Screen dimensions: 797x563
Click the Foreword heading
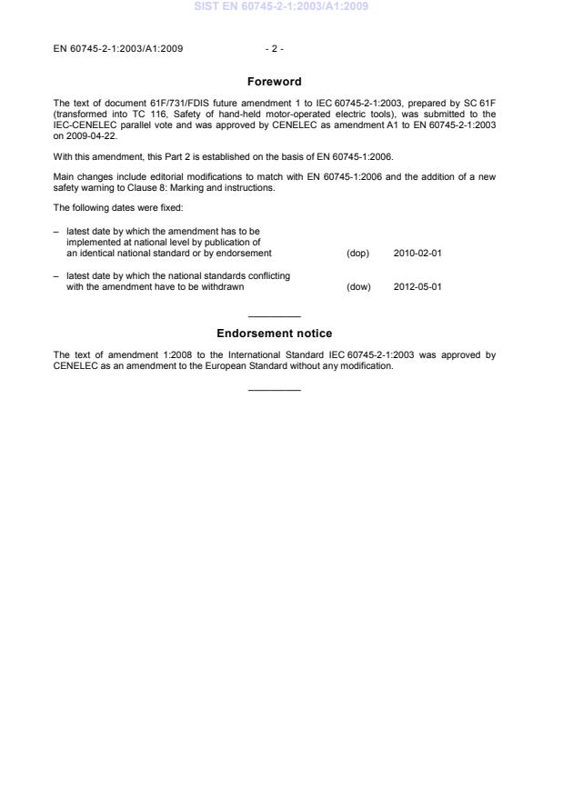(274, 82)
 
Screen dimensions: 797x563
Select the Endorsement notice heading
(274, 334)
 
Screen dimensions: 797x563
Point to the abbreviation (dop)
(358, 253)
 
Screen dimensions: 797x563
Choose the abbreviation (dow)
(359, 287)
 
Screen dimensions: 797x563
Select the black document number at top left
(118, 48)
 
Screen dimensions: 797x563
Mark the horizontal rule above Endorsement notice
(274, 315)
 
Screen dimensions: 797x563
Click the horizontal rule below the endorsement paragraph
(274, 391)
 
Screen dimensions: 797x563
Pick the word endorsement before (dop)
(247, 253)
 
